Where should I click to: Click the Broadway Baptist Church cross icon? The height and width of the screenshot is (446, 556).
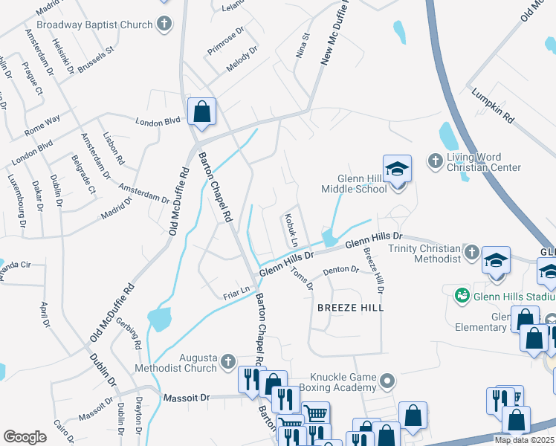point(164,25)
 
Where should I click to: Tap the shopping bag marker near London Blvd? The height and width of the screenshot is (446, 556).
point(201,113)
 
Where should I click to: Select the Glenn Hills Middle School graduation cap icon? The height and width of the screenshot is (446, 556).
point(398,169)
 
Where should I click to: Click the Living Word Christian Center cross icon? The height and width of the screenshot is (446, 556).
point(436,161)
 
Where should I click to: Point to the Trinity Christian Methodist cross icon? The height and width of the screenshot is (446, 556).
point(471,253)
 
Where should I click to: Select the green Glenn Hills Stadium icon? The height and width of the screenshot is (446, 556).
point(462,295)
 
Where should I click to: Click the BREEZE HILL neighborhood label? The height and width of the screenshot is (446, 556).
point(350,307)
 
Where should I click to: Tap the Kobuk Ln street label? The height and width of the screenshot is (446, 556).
point(290,232)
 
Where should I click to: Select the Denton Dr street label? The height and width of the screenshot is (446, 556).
point(341,271)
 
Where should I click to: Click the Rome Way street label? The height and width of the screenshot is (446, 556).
point(43,126)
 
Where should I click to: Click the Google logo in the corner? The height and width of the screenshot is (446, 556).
point(25,437)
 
